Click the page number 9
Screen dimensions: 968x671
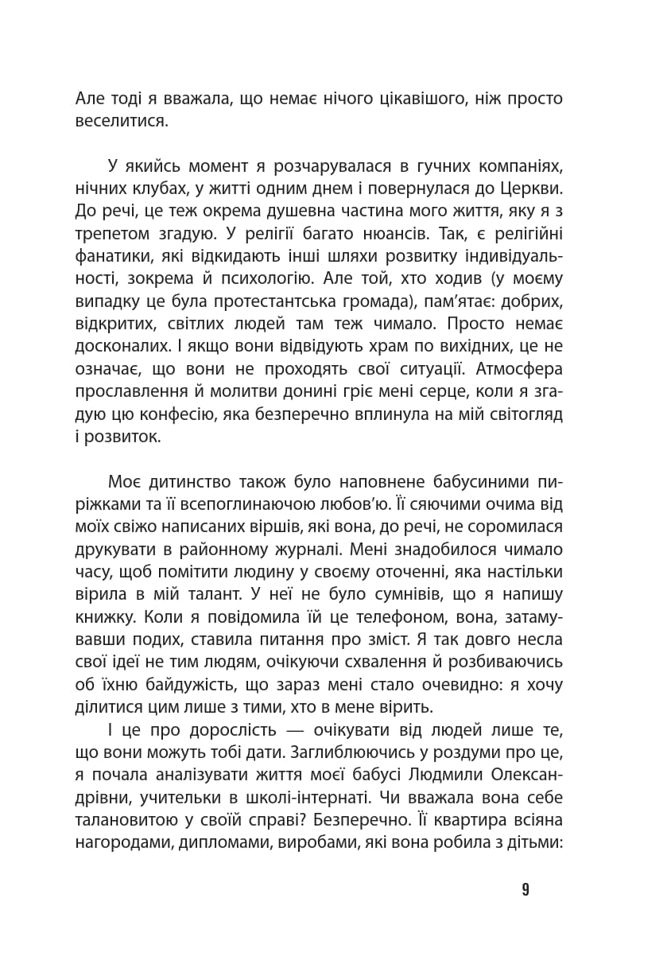click(x=526, y=890)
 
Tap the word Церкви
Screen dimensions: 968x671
click(x=533, y=189)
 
